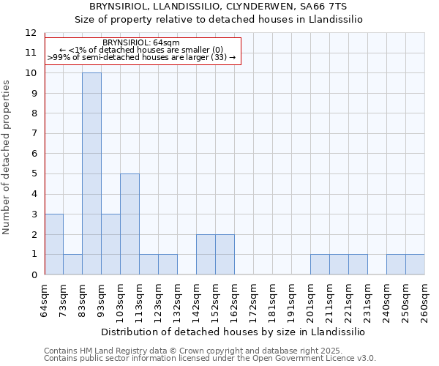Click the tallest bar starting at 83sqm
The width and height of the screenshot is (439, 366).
(x=91, y=173)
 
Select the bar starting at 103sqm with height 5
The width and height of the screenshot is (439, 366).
(x=130, y=224)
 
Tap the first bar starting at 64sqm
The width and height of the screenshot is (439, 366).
(x=53, y=244)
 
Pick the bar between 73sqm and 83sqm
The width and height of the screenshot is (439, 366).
(x=72, y=264)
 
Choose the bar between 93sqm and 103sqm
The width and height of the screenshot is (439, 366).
(x=110, y=244)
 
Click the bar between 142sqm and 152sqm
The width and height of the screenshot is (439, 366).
(x=206, y=255)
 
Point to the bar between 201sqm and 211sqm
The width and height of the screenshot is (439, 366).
(x=320, y=264)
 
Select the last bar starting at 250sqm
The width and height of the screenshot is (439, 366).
(x=415, y=264)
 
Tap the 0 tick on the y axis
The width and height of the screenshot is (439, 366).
(x=34, y=274)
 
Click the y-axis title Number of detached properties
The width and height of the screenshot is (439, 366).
(x=7, y=157)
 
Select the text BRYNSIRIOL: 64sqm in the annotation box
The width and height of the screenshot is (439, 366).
(x=141, y=43)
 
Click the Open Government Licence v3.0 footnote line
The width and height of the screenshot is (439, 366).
(x=210, y=359)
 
